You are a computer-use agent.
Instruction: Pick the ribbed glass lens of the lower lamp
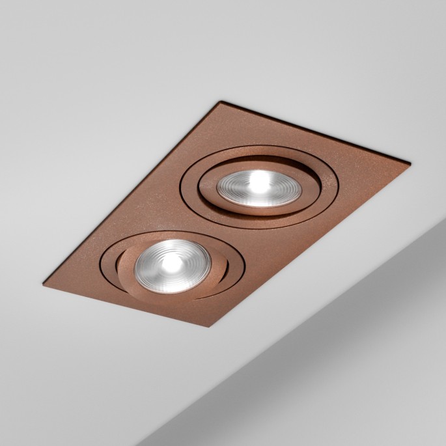tap(151, 270)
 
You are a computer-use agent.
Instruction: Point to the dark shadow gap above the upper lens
tap(260, 168)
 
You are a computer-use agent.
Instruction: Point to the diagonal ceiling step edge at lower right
tap(313, 339)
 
